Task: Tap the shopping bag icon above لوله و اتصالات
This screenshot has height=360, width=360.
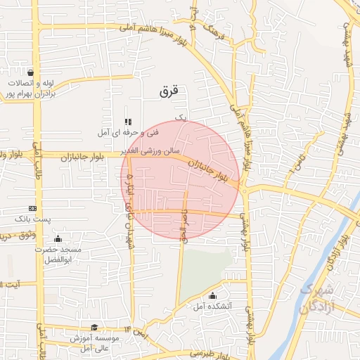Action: point(30,72)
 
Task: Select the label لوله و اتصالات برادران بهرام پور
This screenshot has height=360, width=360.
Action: point(30,88)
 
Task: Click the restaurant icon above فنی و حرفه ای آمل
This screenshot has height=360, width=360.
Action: point(127,121)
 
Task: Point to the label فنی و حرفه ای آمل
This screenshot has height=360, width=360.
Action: point(130,132)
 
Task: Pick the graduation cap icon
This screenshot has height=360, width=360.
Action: point(94,327)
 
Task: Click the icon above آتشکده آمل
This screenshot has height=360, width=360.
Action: point(212,295)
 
